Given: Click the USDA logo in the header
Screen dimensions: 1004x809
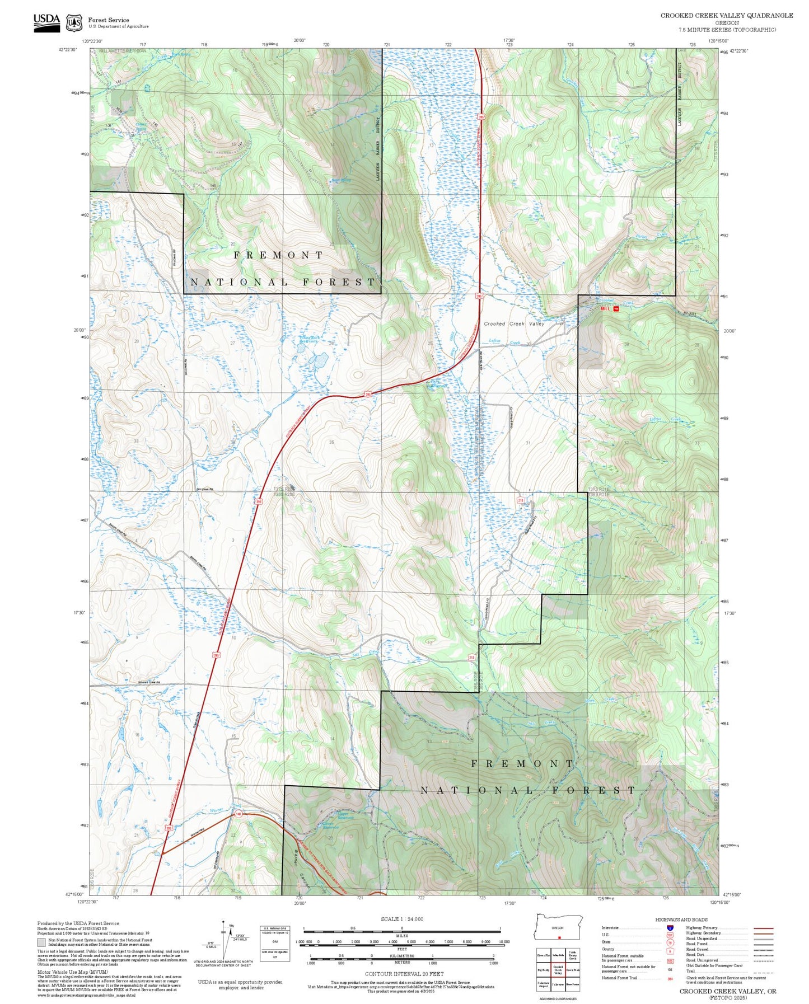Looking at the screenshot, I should [46, 22].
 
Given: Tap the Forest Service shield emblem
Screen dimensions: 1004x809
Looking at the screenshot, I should [74, 22].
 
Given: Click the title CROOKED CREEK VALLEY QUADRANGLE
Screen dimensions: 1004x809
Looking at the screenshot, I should [726, 15].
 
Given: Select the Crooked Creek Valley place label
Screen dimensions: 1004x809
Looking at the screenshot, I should [513, 323].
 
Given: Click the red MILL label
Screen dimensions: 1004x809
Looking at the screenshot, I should [605, 308].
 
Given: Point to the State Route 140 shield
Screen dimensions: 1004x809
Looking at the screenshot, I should [239, 814].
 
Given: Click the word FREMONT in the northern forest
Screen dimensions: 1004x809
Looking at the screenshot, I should [278, 255].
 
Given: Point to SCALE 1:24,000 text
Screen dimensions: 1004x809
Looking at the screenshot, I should [402, 919].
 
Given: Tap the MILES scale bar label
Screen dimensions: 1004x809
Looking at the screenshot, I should [401, 935].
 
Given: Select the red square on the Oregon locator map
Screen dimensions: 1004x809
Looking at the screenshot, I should [559, 937].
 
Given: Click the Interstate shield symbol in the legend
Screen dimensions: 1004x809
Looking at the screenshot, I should [670, 927].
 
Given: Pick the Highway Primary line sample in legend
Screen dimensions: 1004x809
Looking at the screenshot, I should [763, 928].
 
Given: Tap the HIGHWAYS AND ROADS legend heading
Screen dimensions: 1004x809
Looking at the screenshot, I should [681, 919].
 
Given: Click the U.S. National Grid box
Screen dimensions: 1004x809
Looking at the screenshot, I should [275, 944].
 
